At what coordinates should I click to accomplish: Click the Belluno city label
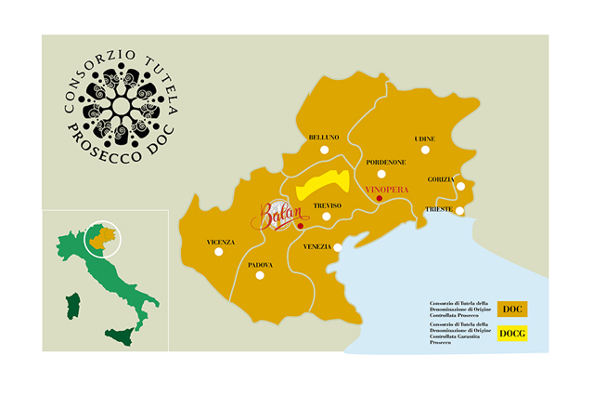pyautogui.click(x=324, y=138)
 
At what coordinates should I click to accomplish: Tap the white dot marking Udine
pyautogui.click(x=425, y=149)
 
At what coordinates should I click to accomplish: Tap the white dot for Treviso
pyautogui.click(x=326, y=217)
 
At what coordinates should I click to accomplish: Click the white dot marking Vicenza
pyautogui.click(x=219, y=251)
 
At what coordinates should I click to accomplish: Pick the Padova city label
pyautogui.click(x=261, y=265)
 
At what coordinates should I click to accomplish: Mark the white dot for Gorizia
pyautogui.click(x=460, y=187)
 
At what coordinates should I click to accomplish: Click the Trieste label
pyautogui.click(x=439, y=210)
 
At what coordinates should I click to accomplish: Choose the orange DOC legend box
pyautogui.click(x=512, y=309)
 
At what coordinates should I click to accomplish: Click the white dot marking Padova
pyautogui.click(x=261, y=275)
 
